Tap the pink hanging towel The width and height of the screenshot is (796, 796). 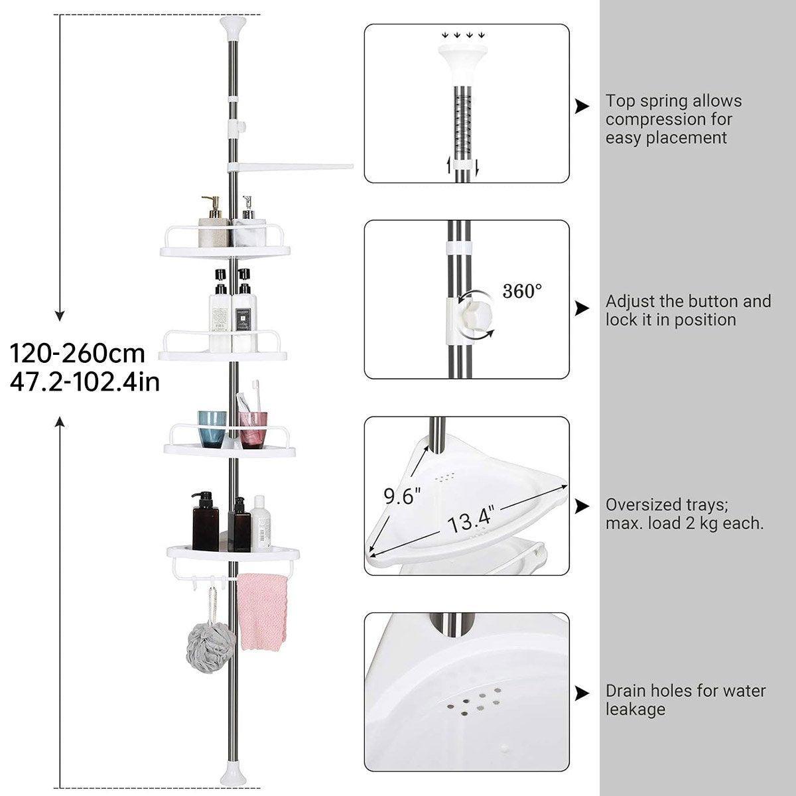pyautogui.click(x=261, y=612)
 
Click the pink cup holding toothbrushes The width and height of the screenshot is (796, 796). pyautogui.click(x=253, y=430)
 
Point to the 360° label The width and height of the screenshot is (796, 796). pyautogui.click(x=522, y=291)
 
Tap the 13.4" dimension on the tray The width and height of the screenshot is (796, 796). pyautogui.click(x=470, y=519)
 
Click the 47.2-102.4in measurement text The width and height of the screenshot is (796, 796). pyautogui.click(x=85, y=382)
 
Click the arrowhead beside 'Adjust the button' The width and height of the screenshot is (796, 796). pyautogui.click(x=582, y=308)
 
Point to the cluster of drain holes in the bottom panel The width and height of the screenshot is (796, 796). pyautogui.click(x=479, y=700)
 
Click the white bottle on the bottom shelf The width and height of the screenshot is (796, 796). pyautogui.click(x=261, y=523)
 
